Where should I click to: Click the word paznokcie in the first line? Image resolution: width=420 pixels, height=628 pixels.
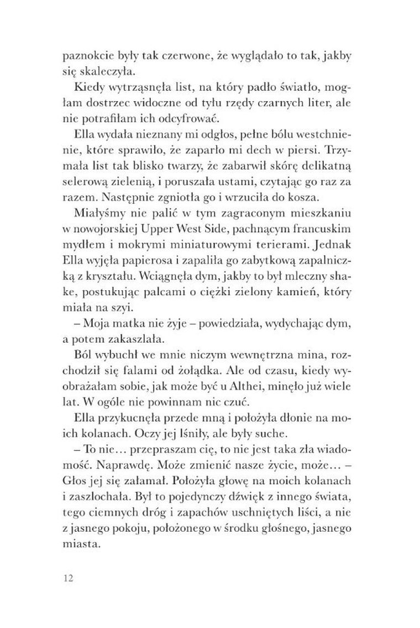[83, 55]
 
